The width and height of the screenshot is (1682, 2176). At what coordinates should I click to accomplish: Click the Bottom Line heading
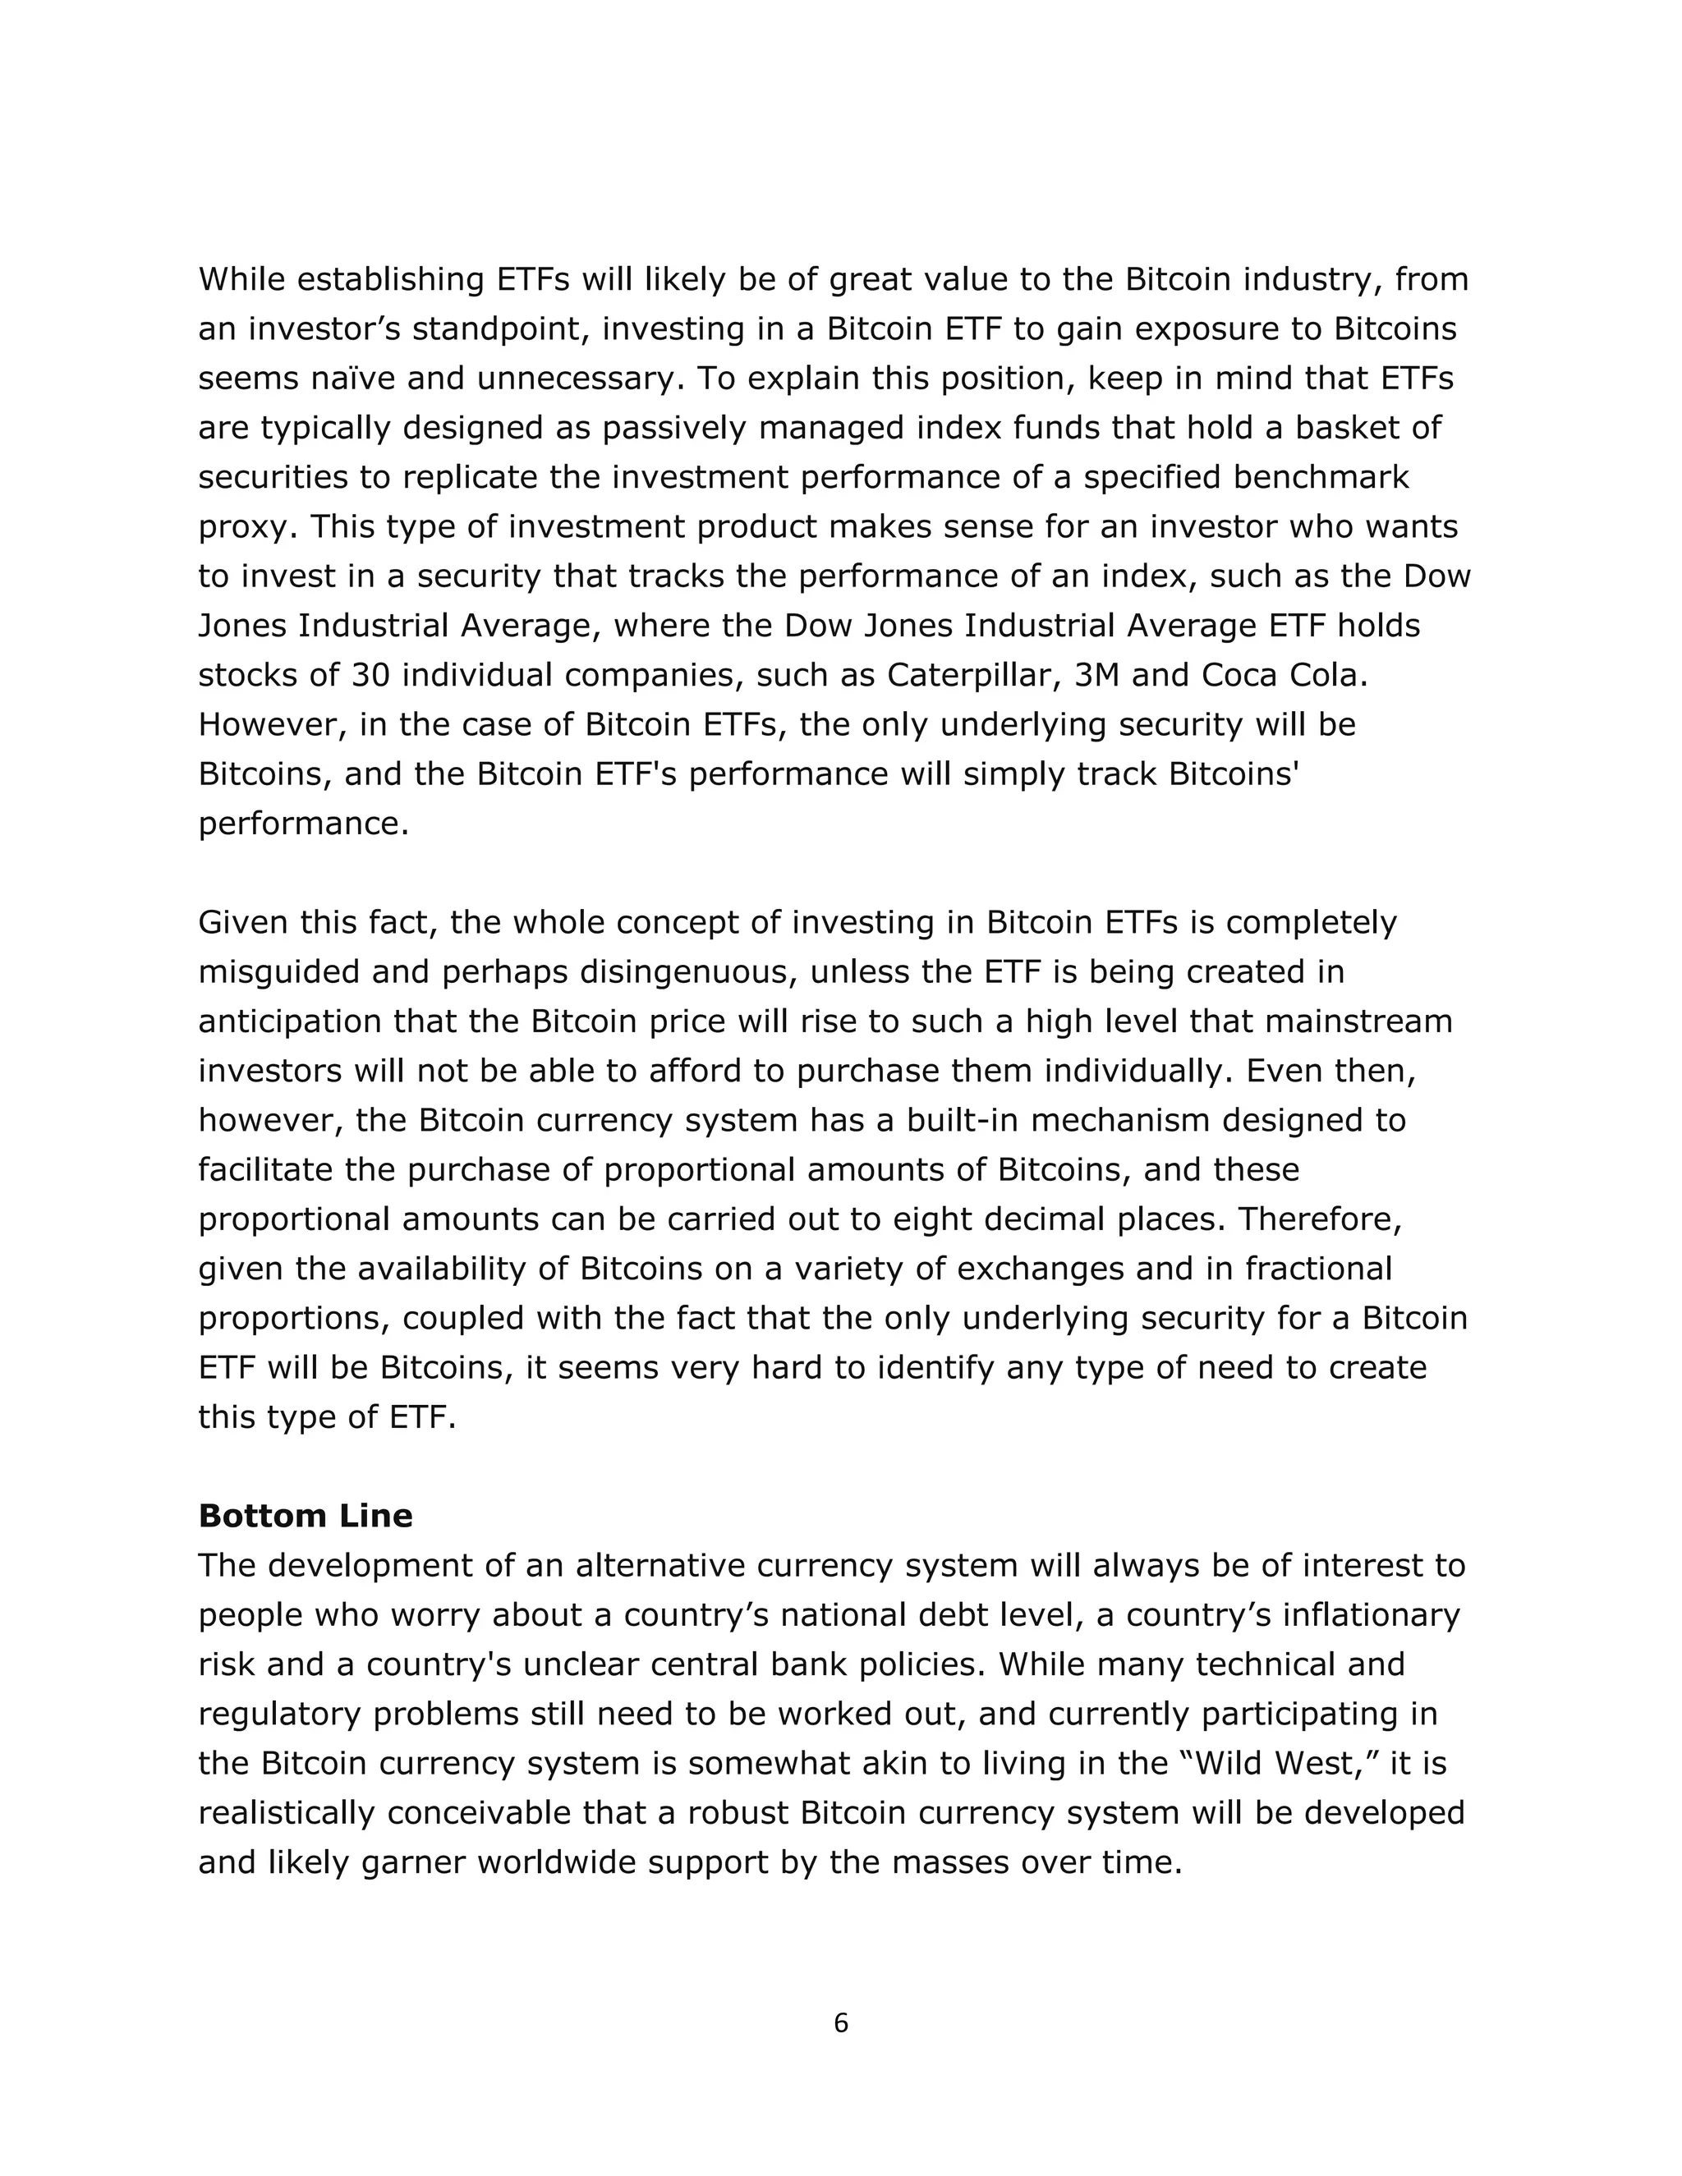click(305, 1516)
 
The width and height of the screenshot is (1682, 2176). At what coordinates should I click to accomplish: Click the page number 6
click(840, 2022)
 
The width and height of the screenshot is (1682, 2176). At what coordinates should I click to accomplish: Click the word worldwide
click(564, 1862)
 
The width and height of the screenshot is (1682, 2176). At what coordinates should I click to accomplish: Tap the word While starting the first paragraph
click(241, 280)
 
